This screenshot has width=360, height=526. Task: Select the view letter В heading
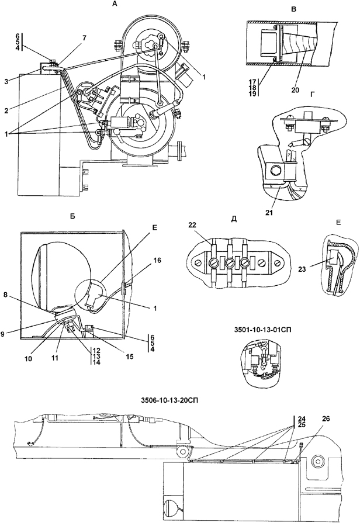tap(294, 9)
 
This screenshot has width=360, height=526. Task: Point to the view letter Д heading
tap(234, 219)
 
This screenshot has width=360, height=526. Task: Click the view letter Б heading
tap(72, 216)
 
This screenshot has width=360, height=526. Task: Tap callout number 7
tap(84, 37)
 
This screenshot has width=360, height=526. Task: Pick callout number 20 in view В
tap(295, 90)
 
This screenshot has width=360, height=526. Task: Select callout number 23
tap(302, 268)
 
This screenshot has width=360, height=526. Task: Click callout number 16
tap(157, 260)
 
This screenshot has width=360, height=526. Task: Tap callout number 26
tap(326, 418)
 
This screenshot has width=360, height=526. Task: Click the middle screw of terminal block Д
tap(230, 262)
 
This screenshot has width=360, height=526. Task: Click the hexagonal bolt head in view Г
tap(272, 171)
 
